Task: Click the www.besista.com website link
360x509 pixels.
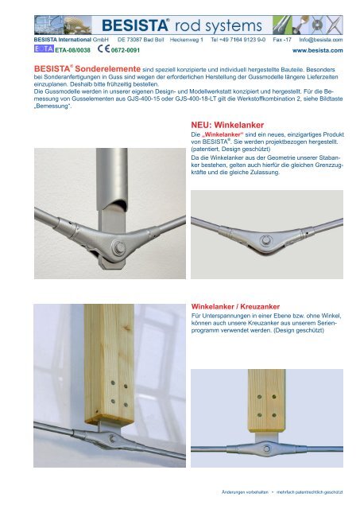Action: [318, 50]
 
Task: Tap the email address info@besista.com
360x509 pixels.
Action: [321, 40]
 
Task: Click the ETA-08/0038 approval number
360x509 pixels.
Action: [72, 50]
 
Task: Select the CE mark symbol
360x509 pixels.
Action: [104, 49]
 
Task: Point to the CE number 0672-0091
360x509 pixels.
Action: [126, 50]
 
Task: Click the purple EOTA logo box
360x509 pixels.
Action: [44, 49]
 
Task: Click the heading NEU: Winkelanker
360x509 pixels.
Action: [227, 125]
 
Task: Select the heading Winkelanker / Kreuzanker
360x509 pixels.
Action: [235, 306]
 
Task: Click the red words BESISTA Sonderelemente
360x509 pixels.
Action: [87, 69]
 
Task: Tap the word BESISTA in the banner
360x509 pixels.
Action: [135, 25]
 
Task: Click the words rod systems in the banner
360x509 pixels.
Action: [219, 25]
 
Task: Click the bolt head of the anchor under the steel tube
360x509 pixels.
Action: [118, 248]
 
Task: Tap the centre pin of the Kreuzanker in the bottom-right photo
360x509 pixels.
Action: [266, 449]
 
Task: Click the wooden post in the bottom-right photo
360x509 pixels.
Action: [266, 400]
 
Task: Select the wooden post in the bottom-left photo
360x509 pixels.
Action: [110, 364]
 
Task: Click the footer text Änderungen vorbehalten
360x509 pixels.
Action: [245, 492]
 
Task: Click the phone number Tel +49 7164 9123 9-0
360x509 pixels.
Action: [238, 40]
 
